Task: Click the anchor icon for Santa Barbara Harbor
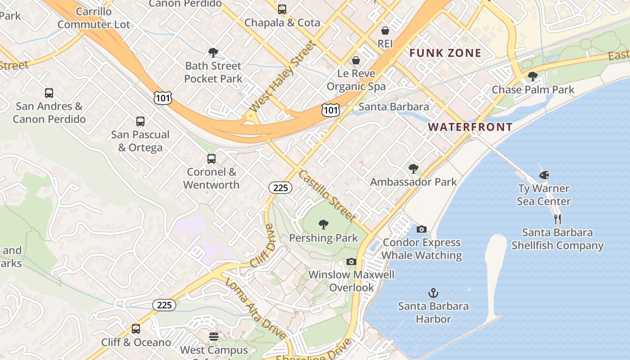coord(433,293)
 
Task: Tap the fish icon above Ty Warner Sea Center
coord(544,175)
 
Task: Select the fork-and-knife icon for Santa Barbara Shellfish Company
coord(558,219)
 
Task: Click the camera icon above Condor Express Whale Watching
coord(422,229)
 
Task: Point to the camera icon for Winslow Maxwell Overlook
coord(351,261)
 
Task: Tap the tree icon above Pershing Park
coord(323,224)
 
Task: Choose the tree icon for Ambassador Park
coord(413,169)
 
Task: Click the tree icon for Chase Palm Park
coord(533,76)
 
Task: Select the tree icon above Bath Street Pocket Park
coord(213,53)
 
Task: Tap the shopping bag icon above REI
coord(385,31)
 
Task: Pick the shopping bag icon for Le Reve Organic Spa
coord(356,60)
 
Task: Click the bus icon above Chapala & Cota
coord(282,9)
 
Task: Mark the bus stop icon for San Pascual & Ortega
coord(140,121)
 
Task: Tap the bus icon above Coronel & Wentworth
coord(211,158)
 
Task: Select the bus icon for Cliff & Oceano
coord(136,329)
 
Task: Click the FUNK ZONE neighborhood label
coord(445,53)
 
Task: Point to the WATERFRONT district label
coord(470,127)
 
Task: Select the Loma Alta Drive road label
coord(255,308)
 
